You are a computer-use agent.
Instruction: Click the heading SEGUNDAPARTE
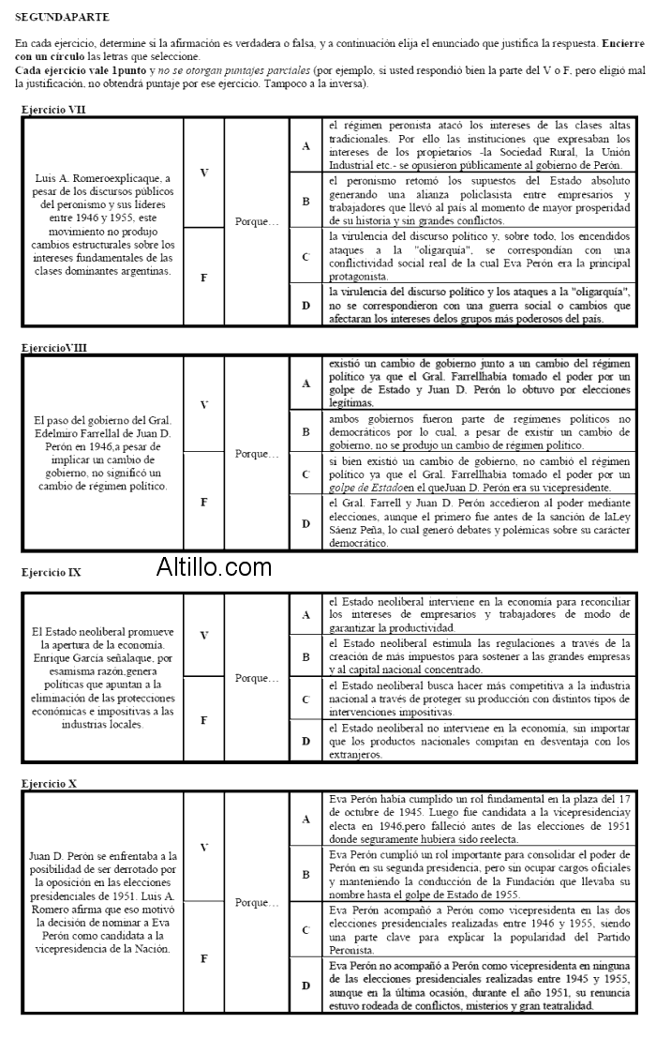click(62, 17)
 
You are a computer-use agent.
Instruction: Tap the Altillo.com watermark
click(214, 566)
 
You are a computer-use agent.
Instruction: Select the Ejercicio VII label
click(53, 110)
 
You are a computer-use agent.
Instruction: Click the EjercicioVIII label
click(54, 348)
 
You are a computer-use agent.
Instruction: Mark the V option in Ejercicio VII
click(203, 173)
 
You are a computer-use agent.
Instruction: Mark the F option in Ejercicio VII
click(203, 276)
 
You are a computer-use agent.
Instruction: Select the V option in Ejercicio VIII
click(203, 404)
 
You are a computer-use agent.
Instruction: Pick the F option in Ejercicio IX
click(203, 719)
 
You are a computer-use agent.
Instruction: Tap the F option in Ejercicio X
click(203, 958)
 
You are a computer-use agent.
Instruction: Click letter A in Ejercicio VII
click(306, 145)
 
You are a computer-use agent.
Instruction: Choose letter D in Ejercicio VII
click(306, 306)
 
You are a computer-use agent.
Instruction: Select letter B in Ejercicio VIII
click(306, 431)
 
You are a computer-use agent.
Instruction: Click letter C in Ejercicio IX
click(306, 700)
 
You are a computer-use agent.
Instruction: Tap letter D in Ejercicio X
click(306, 985)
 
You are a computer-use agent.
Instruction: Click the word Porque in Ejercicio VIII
click(257, 454)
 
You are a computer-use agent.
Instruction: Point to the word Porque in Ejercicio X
click(257, 903)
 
